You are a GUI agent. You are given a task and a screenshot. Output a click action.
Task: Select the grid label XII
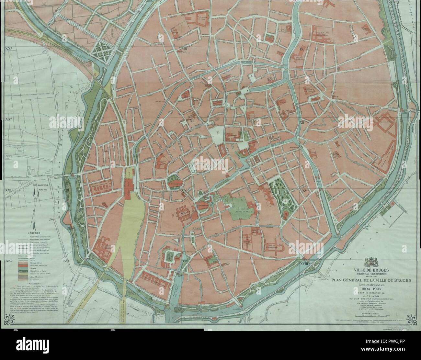point(302,122)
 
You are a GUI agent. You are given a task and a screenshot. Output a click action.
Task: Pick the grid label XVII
point(185,260)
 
